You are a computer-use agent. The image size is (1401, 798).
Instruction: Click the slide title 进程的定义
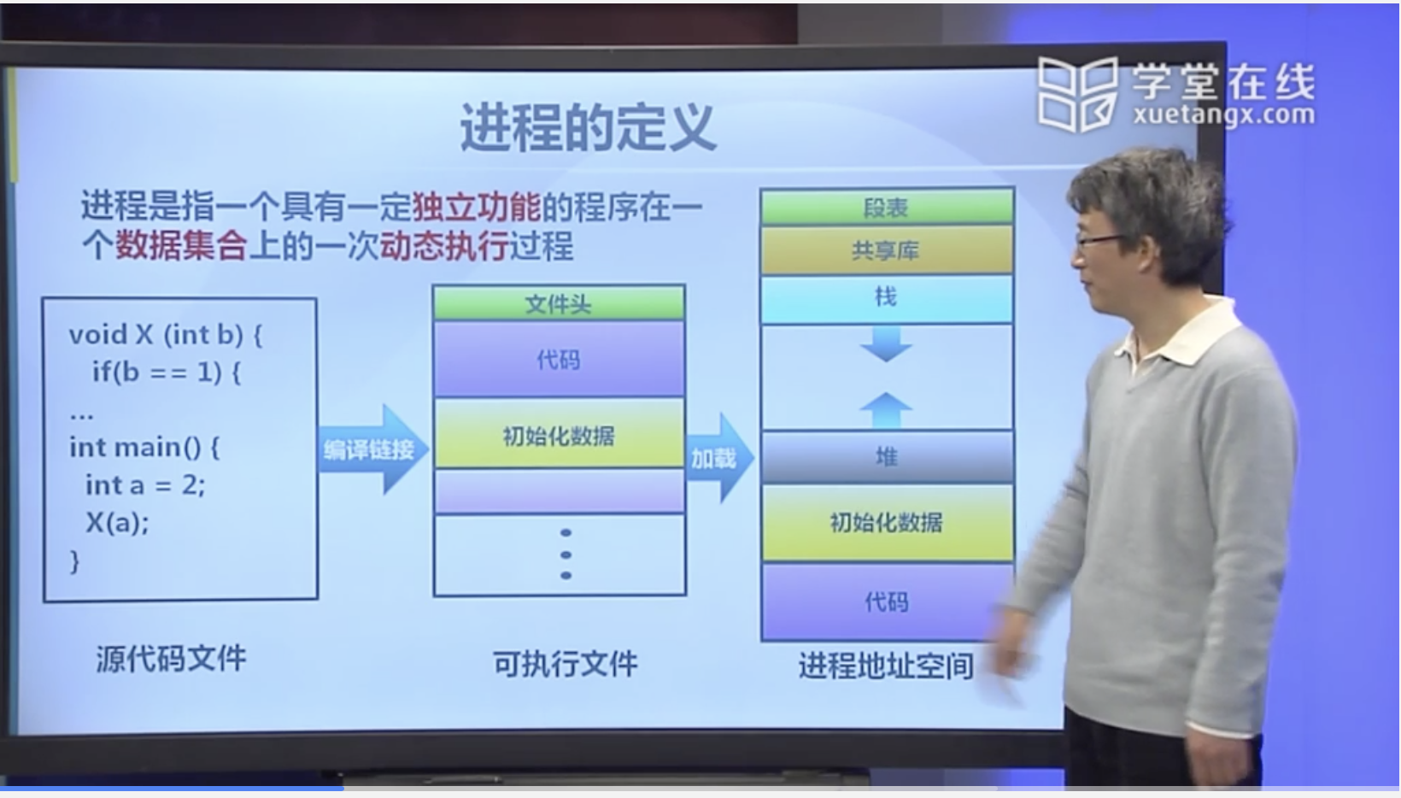point(588,128)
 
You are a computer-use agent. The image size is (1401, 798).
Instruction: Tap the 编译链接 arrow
point(370,449)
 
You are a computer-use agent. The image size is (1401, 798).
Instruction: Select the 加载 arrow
point(716,459)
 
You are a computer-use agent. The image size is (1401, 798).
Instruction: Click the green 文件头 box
point(559,303)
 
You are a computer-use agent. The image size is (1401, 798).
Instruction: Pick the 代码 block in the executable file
point(559,360)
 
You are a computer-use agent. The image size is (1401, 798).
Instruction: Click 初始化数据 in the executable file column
point(559,436)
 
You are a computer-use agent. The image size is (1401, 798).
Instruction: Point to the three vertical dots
point(566,554)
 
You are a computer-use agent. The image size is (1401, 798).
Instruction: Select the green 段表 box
point(886,208)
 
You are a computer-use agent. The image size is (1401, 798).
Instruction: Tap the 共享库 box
point(886,250)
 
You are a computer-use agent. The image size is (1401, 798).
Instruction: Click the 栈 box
point(886,297)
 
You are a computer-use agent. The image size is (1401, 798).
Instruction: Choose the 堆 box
point(886,457)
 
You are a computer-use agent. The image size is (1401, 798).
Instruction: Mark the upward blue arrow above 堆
point(886,408)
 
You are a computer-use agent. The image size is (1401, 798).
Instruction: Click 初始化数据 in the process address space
point(886,522)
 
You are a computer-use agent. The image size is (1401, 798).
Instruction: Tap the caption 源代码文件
point(171,659)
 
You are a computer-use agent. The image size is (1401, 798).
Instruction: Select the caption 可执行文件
point(565,663)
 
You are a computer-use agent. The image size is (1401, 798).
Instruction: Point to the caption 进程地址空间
point(886,666)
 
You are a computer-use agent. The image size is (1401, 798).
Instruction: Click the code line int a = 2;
point(145,484)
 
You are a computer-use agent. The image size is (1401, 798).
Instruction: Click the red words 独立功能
point(476,207)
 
